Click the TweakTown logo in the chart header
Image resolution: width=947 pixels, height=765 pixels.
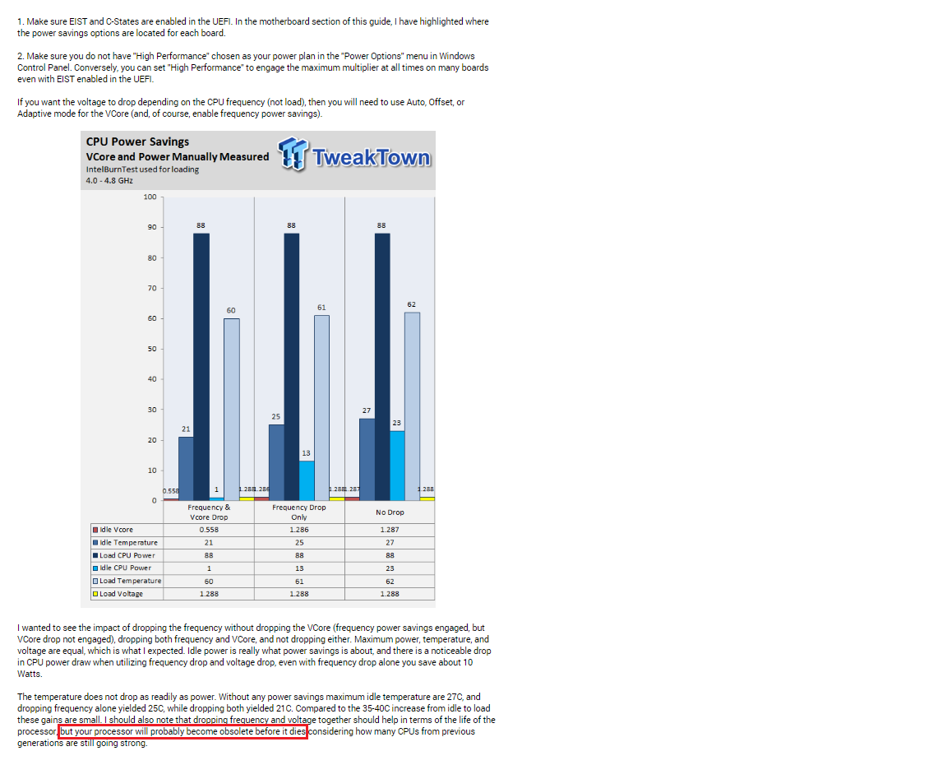click(x=354, y=155)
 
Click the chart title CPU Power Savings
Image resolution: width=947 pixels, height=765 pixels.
click(x=137, y=141)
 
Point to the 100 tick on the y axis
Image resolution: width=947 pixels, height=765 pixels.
click(x=150, y=197)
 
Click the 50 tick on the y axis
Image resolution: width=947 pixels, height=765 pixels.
click(x=150, y=349)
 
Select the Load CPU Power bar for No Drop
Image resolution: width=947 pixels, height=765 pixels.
click(x=382, y=366)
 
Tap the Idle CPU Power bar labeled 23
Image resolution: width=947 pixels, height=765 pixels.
click(x=397, y=465)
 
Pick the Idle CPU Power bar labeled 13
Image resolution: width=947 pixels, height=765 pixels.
click(x=307, y=480)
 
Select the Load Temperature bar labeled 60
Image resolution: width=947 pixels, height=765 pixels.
click(x=232, y=409)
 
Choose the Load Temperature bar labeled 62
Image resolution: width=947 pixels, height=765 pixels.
click(x=412, y=406)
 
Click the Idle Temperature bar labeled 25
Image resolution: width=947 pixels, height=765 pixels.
click(x=277, y=461)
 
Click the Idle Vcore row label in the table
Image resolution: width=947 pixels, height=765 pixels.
click(x=115, y=530)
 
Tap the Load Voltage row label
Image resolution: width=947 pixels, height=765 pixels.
click(x=120, y=594)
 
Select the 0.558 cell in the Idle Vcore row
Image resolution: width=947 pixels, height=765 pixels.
click(x=209, y=530)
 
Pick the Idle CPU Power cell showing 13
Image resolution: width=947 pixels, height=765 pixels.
click(x=299, y=568)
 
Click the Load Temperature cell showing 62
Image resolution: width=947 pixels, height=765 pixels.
click(x=390, y=581)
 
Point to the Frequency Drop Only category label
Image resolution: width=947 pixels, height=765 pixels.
click(x=299, y=512)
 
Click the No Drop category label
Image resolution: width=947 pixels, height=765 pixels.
click(x=390, y=512)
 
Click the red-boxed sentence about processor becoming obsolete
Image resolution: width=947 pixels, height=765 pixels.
click(x=182, y=731)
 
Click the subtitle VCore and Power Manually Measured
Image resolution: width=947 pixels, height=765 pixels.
click(x=177, y=156)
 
